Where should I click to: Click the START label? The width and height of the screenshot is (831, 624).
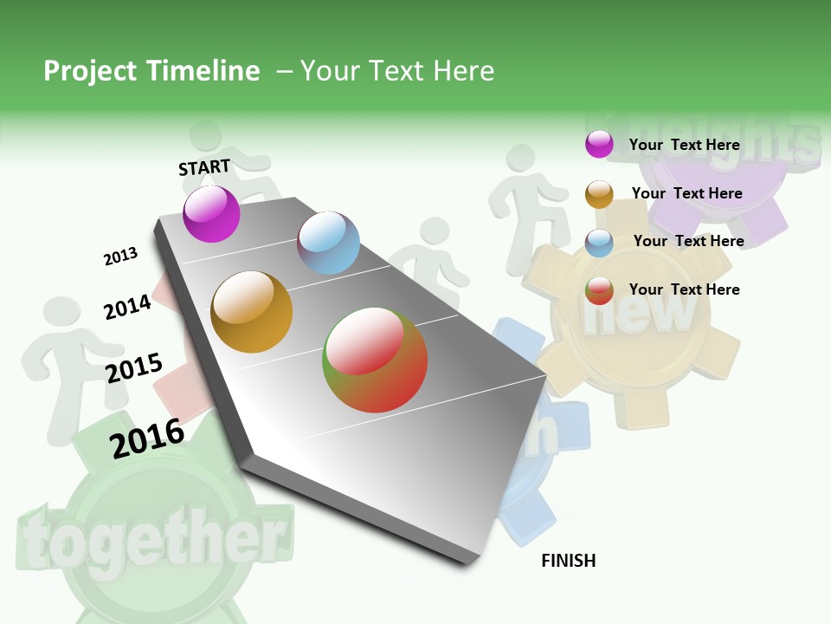pos(204,167)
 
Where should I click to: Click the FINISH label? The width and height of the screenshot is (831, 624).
pos(568,561)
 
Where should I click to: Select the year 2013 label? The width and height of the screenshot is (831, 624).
pos(120,257)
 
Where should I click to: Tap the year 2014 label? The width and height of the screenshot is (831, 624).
pos(127,307)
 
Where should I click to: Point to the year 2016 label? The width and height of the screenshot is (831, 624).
pos(146,438)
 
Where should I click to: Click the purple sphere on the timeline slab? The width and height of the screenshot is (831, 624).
pos(211,214)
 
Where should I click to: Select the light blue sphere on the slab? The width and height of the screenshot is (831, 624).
pos(328,243)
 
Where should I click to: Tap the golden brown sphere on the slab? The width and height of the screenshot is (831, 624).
pos(251,312)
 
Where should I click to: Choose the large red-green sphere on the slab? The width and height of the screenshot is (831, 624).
pos(375,359)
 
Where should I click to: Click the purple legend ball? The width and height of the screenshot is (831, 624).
pos(599,144)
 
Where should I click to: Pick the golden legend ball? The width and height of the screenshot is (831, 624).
pos(599,194)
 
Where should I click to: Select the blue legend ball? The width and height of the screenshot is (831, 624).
pos(599,243)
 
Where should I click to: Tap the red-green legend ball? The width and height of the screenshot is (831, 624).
pos(599,290)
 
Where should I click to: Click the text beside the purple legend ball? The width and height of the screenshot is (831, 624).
pos(684,145)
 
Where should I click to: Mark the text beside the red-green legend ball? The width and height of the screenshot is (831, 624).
pos(684,289)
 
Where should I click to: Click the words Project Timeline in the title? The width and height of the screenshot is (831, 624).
pos(151,71)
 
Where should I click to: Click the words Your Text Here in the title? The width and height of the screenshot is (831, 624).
pos(396,71)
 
